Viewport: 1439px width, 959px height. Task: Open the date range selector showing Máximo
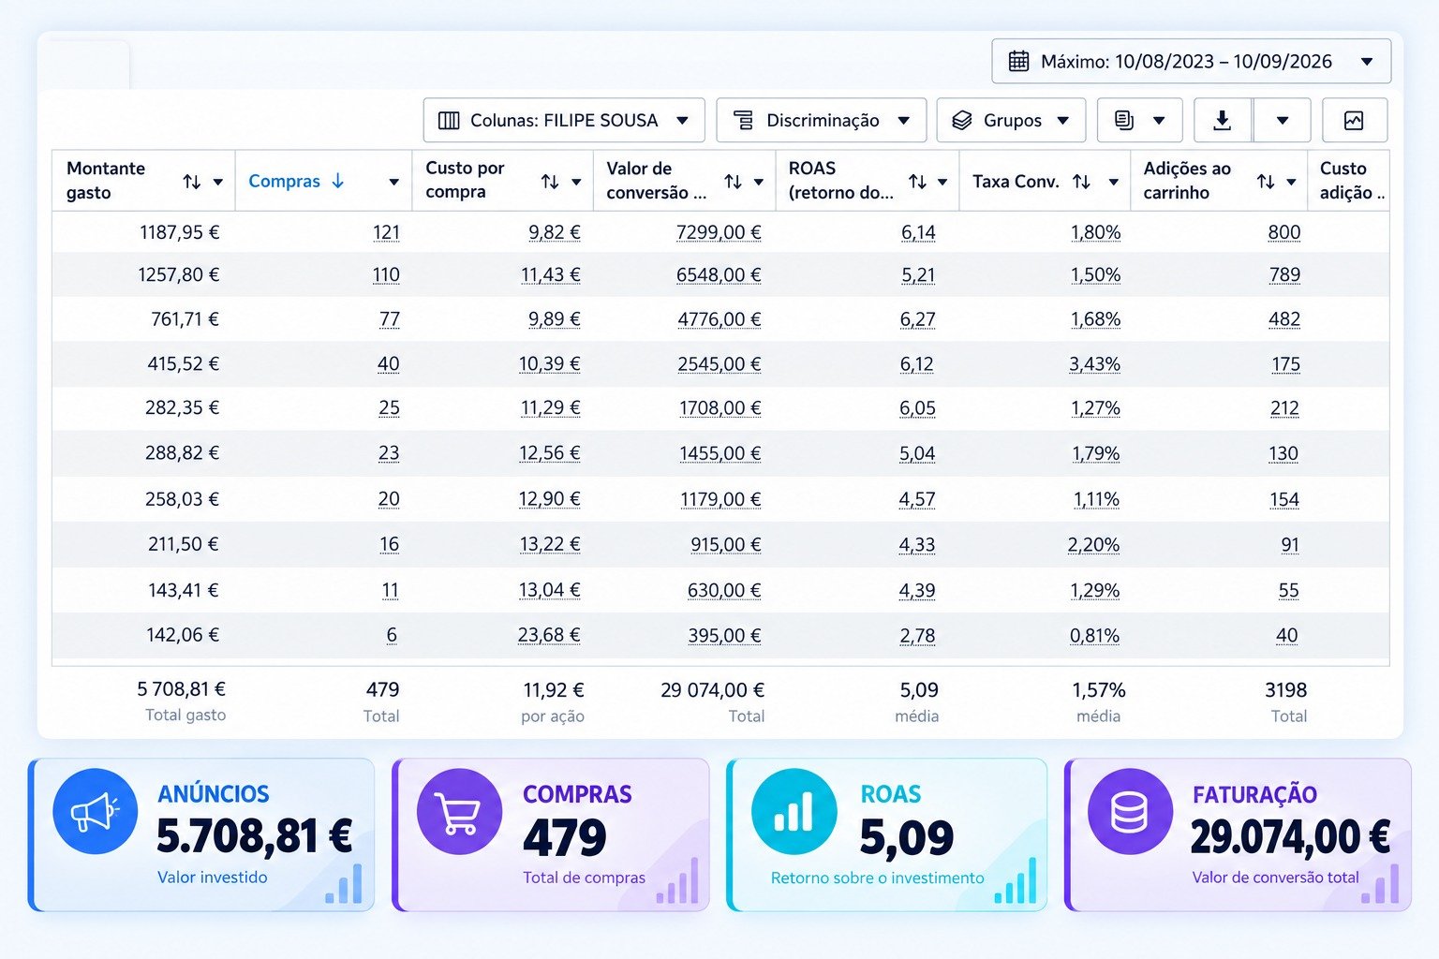click(x=1191, y=61)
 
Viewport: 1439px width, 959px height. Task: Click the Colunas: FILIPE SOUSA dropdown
click(x=563, y=120)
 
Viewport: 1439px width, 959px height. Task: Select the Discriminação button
click(x=821, y=120)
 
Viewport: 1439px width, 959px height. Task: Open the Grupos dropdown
click(x=1011, y=120)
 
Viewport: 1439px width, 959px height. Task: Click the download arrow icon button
click(x=1222, y=120)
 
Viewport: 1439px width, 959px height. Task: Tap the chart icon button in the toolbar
click(x=1354, y=120)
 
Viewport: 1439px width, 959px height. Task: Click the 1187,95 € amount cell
click(x=179, y=232)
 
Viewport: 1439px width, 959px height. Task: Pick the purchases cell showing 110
click(x=386, y=275)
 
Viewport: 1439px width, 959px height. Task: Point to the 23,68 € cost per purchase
click(x=549, y=635)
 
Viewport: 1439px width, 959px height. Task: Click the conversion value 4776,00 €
click(x=719, y=319)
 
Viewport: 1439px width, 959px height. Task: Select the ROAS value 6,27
click(x=917, y=319)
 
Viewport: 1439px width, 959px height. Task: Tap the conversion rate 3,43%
click(x=1094, y=364)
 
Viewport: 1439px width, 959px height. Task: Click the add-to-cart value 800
click(x=1284, y=232)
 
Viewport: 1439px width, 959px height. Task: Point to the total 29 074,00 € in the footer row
click(x=712, y=690)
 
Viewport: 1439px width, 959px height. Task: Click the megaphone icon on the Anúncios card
click(x=95, y=811)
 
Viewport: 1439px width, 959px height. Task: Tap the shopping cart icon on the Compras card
click(x=459, y=811)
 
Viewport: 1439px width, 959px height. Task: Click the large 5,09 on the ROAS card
click(x=907, y=837)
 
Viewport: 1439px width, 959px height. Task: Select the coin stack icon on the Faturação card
click(x=1130, y=811)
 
